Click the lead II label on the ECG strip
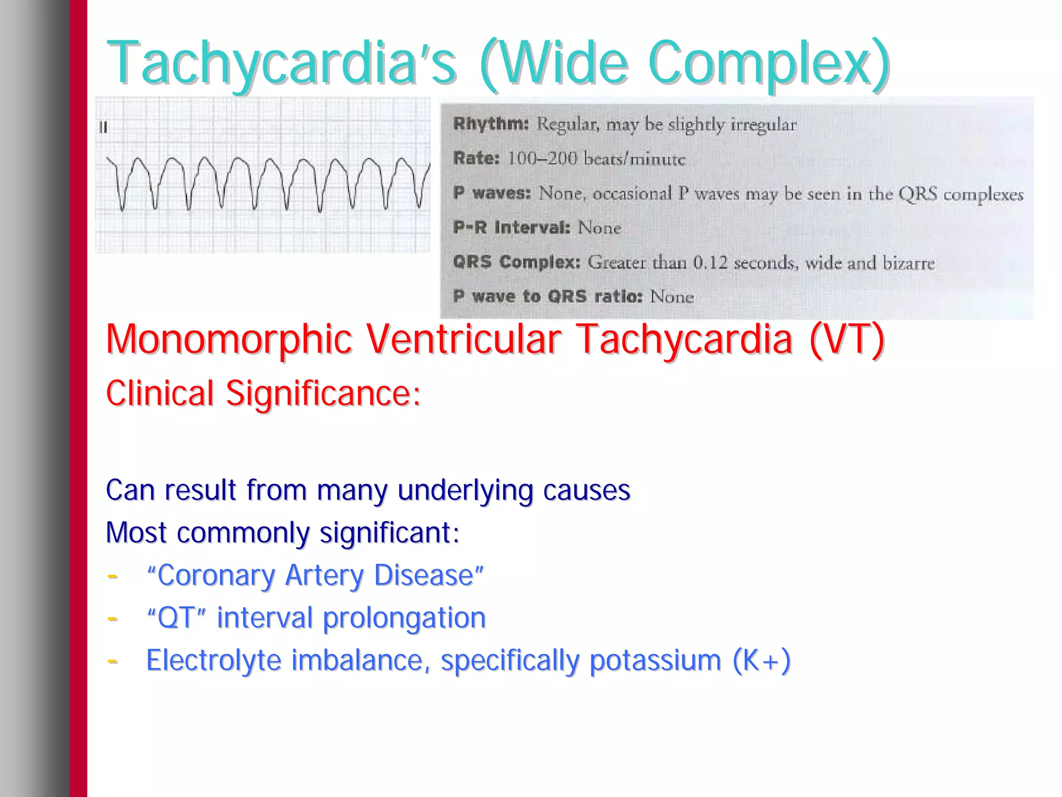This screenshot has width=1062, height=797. click(x=103, y=127)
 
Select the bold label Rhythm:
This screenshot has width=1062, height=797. click(x=491, y=124)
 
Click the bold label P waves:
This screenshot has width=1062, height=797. click(x=492, y=193)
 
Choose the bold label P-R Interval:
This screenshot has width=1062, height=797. click(x=511, y=228)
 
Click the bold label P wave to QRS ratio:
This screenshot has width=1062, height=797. click(x=547, y=297)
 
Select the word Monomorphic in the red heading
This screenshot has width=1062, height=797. click(x=229, y=340)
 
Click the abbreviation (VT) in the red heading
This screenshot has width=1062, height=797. click(x=846, y=340)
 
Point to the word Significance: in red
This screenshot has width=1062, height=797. click(x=323, y=394)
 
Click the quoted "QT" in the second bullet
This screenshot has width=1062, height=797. click(x=177, y=618)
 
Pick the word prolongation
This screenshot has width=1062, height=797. click(x=404, y=618)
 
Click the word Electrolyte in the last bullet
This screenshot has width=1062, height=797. click(x=213, y=661)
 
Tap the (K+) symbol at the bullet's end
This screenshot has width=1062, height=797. click(x=761, y=661)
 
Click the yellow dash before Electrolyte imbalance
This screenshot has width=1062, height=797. click(x=112, y=661)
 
